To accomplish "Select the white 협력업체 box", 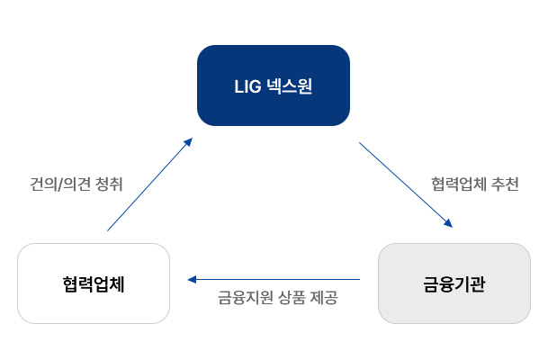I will [94, 283].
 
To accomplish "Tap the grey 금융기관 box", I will [454, 283].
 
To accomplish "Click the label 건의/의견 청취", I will [76, 184].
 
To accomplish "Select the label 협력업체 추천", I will [473, 184].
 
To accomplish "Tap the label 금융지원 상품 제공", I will [277, 297].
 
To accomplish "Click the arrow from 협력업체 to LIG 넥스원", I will [148, 185].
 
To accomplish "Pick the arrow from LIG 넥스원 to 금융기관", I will [405, 184].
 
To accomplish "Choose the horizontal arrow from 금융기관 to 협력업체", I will [274, 279].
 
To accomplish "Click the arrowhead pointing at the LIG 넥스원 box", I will [188, 141].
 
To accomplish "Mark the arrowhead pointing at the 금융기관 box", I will [447, 224].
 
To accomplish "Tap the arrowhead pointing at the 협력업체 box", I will [192, 279].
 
